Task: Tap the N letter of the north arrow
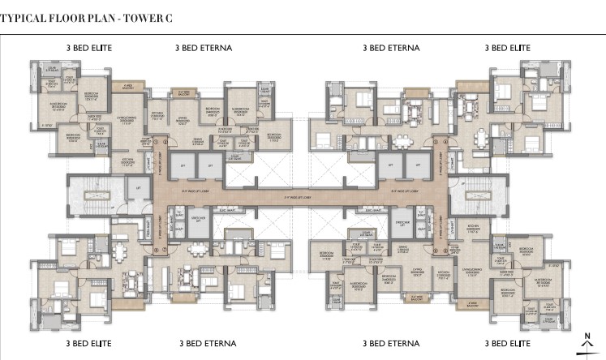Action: tap(587, 333)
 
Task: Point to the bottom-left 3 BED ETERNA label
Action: tap(204, 343)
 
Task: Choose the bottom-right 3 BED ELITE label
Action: tap(509, 343)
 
